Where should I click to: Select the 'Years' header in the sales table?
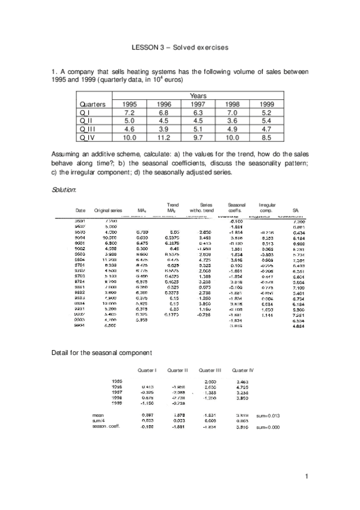pyautogui.click(x=198, y=95)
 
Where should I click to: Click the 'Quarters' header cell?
pyautogui.click(x=93, y=104)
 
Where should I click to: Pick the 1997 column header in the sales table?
pyautogui.click(x=198, y=104)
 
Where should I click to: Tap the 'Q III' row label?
pyautogui.click(x=88, y=128)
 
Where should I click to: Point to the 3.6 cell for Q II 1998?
pyautogui.click(x=232, y=120)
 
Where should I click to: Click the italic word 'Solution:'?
pyautogui.click(x=65, y=190)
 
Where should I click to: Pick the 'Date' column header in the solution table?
pyautogui.click(x=79, y=210)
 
